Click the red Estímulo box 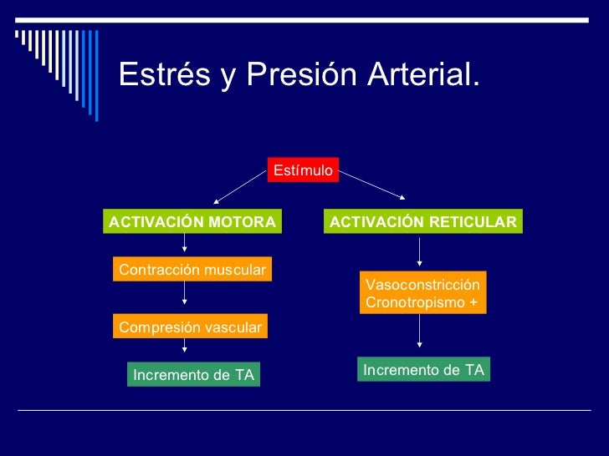[303, 170]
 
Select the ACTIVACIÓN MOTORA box [192, 221]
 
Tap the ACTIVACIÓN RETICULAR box [422, 221]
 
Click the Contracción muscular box [192, 270]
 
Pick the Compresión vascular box [190, 327]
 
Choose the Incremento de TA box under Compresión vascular [193, 375]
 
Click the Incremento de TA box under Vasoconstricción [423, 369]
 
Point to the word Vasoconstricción [422, 285]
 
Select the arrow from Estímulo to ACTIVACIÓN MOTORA [239, 188]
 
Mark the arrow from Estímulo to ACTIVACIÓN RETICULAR [372, 185]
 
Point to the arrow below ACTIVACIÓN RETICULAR [420, 251]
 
